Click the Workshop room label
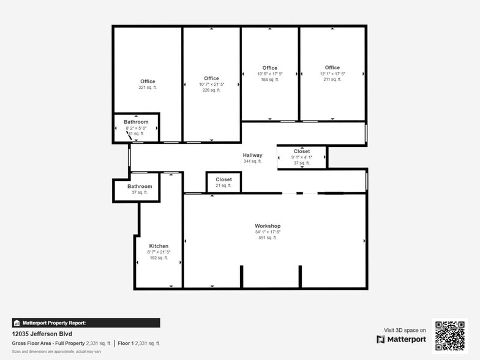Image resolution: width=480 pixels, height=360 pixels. click(268, 226)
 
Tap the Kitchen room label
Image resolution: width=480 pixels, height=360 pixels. click(159, 246)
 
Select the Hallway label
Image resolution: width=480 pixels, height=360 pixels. click(252, 156)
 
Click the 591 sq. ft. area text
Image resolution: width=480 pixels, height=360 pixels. click(268, 238)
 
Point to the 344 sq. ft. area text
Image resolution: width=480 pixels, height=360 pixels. click(252, 162)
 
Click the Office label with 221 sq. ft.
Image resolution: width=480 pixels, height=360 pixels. click(148, 81)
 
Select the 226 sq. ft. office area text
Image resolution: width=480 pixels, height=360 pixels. click(211, 90)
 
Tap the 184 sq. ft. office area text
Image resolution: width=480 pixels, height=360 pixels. click(269, 80)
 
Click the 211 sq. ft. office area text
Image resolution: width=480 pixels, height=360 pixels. click(332, 80)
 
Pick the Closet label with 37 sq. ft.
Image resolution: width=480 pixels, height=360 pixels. click(302, 151)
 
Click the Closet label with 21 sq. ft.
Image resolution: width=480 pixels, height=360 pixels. click(223, 179)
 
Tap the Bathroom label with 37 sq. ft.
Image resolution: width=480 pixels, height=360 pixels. click(140, 186)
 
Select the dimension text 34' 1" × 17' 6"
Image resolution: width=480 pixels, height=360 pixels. click(268, 232)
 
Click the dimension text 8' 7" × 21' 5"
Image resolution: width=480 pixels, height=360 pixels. click(159, 252)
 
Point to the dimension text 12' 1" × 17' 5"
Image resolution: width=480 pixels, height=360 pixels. click(332, 73)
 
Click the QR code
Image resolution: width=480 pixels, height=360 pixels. click(449, 335)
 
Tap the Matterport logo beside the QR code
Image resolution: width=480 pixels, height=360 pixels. click(401, 339)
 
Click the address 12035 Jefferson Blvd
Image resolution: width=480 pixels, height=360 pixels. click(42, 334)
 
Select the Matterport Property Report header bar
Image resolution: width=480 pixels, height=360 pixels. click(86, 323)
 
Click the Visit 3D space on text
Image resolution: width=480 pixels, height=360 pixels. click(405, 330)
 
